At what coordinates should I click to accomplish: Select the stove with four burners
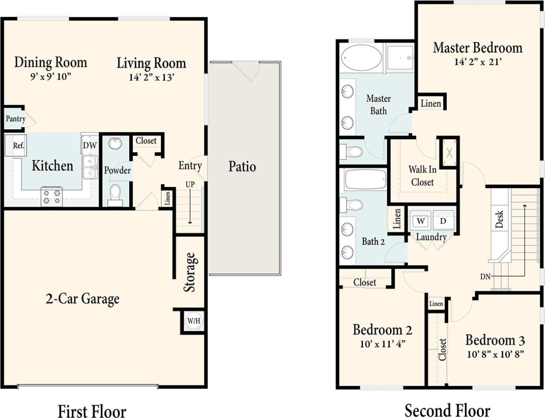pyautogui.click(x=52, y=196)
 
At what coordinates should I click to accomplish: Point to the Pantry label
pyautogui.click(x=15, y=119)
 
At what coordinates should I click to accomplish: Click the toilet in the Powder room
pyautogui.click(x=116, y=195)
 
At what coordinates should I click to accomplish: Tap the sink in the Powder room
pyautogui.click(x=116, y=144)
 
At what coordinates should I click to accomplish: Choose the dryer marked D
pyautogui.click(x=443, y=221)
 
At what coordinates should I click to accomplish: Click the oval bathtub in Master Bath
pyautogui.click(x=361, y=58)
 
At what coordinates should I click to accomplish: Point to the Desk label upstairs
pyautogui.click(x=500, y=219)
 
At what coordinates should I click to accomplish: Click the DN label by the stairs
pyautogui.click(x=485, y=277)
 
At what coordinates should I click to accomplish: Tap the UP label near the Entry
pyautogui.click(x=190, y=184)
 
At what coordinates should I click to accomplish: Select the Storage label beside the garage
pyautogui.click(x=190, y=272)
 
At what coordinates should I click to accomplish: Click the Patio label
pyautogui.click(x=242, y=167)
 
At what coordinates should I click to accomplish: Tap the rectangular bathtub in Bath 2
pyautogui.click(x=365, y=179)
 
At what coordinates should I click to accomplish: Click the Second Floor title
pyautogui.click(x=447, y=410)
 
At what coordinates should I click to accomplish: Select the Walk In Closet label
pyautogui.click(x=421, y=176)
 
